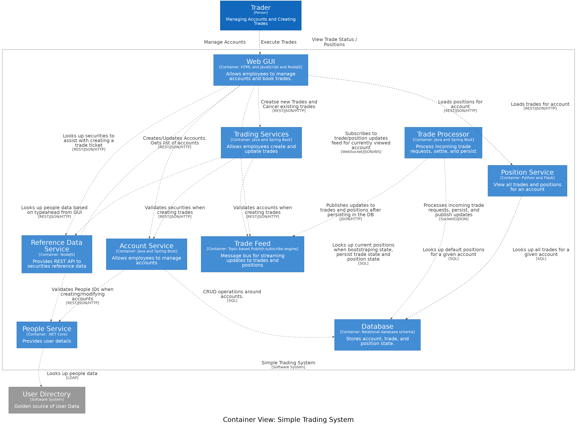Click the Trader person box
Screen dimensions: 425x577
(x=261, y=15)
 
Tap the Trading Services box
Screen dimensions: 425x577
(x=261, y=143)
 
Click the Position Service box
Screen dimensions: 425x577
(x=527, y=181)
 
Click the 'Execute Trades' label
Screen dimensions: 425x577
(x=279, y=42)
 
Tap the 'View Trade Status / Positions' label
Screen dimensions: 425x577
(x=334, y=42)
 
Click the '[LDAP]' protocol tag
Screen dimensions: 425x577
(x=72, y=378)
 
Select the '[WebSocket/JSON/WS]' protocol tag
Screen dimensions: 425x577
(x=361, y=151)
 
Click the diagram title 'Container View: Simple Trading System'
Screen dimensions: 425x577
(x=288, y=420)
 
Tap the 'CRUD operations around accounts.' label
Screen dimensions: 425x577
(x=232, y=294)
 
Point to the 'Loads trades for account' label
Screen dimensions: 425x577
(x=540, y=104)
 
